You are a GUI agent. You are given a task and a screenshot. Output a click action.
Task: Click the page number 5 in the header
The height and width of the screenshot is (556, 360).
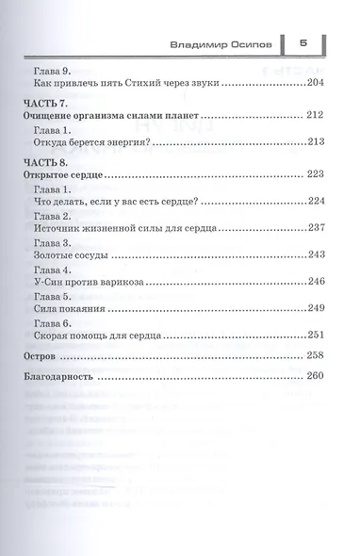(303, 41)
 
